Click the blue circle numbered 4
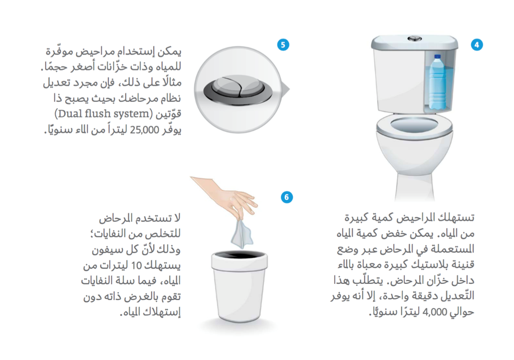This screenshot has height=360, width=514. coord(477,45)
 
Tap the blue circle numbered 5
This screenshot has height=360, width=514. coord(283,45)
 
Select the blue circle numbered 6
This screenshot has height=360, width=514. coord(287,197)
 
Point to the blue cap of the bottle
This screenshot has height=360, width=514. coord(437,57)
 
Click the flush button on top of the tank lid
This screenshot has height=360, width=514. coord(415,38)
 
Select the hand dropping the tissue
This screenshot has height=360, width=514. coord(226,197)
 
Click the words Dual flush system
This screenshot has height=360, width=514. coord(104,114)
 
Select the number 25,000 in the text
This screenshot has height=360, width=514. coord(144,130)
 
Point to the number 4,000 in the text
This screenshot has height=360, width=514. coord(435,312)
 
